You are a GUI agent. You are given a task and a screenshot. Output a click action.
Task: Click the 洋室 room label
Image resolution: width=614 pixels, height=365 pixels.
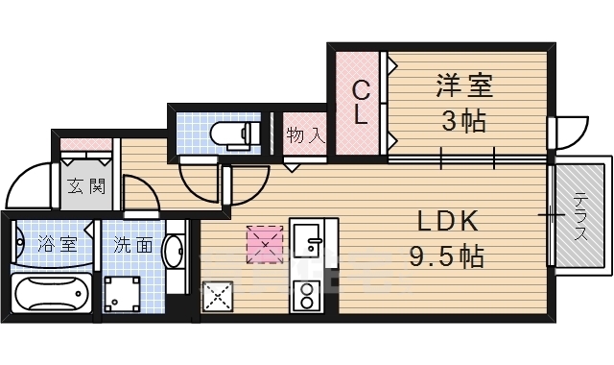[464, 86]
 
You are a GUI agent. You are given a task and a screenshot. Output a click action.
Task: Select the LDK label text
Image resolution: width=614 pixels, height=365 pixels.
[447, 222]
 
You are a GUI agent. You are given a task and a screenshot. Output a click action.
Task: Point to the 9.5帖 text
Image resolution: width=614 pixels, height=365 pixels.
[448, 256]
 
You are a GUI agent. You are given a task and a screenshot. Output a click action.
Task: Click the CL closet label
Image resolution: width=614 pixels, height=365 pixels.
[360, 103]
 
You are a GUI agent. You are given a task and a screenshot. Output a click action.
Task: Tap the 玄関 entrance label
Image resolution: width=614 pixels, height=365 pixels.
[84, 185]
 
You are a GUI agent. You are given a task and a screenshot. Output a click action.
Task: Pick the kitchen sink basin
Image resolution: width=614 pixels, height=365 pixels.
[309, 238]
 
